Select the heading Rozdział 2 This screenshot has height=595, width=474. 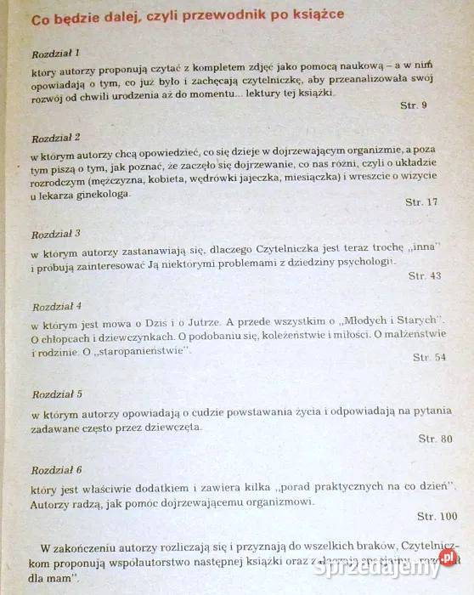[56, 137]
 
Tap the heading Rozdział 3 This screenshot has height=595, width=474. [56, 232]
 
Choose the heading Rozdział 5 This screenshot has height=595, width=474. [57, 395]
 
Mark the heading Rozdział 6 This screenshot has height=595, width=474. [57, 469]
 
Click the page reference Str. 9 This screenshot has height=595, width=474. [413, 105]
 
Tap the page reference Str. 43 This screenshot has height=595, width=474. [425, 275]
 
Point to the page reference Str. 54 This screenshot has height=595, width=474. [429, 358]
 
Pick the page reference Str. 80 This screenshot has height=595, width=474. [435, 439]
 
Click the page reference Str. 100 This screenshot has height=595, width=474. [437, 516]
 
